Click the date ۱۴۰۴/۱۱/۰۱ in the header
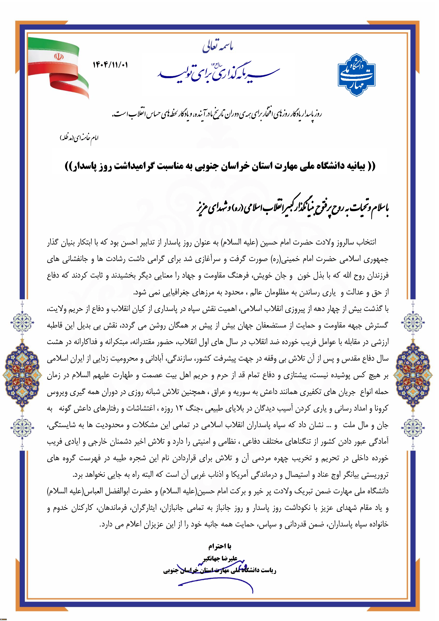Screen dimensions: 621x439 click(x=110, y=65)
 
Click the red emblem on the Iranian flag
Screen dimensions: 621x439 click(x=57, y=57)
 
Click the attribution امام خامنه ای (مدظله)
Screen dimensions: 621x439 click(x=79, y=138)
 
